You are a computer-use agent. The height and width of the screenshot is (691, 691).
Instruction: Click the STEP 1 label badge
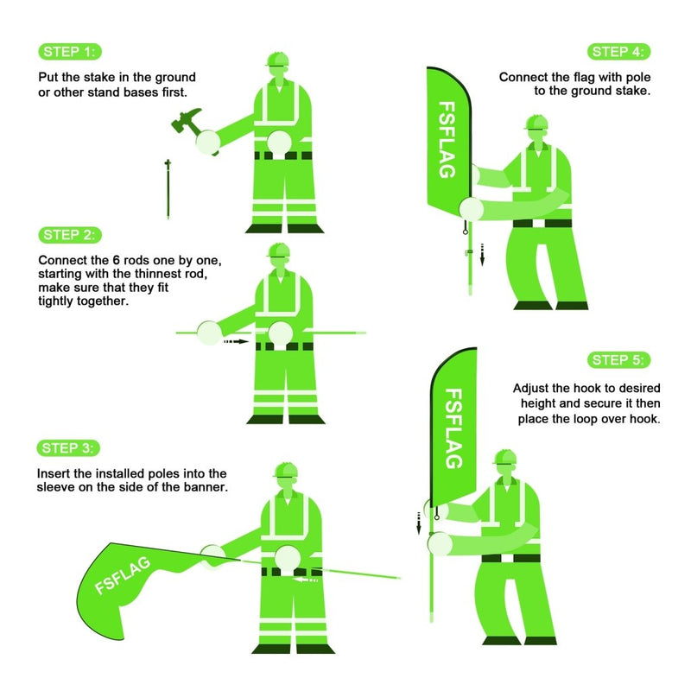[70, 52]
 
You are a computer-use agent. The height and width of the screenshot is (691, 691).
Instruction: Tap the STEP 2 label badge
[70, 235]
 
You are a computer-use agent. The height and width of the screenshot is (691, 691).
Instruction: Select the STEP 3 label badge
[70, 447]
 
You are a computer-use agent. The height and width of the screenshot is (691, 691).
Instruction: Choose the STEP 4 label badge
[619, 52]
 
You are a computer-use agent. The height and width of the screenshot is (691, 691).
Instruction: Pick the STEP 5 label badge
[619, 359]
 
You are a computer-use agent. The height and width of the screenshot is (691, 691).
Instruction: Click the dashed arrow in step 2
[234, 342]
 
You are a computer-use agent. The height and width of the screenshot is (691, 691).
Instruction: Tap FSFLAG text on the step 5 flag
[454, 428]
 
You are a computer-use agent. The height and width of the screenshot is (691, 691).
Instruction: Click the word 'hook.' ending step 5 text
[643, 420]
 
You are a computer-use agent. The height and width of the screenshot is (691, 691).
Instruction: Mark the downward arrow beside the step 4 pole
[483, 255]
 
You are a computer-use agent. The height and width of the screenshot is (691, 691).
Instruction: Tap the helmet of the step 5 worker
[505, 458]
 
